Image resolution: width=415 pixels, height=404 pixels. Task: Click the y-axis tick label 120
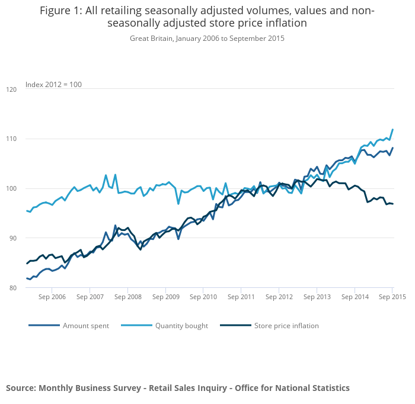pyautogui.click(x=11, y=89)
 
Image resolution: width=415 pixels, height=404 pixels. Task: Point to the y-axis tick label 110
pyautogui.click(x=11, y=139)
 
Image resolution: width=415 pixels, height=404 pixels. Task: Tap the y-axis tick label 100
pyautogui.click(x=11, y=189)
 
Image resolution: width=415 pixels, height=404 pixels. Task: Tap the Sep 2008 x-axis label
pyautogui.click(x=127, y=297)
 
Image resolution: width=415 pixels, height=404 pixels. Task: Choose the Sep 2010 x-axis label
pyautogui.click(x=203, y=297)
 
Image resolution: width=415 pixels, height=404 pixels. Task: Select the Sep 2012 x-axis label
pyautogui.click(x=279, y=297)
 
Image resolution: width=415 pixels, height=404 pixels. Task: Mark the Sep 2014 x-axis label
pyautogui.click(x=355, y=297)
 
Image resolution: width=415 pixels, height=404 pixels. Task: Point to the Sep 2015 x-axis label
pyautogui.click(x=392, y=297)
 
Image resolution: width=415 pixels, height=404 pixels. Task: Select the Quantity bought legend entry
pyautogui.click(x=181, y=326)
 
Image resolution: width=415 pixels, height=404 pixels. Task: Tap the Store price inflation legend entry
pyautogui.click(x=286, y=326)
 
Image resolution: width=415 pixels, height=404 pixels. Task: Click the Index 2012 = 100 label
pyautogui.click(x=53, y=85)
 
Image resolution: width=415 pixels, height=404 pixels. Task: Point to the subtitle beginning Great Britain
pyautogui.click(x=207, y=39)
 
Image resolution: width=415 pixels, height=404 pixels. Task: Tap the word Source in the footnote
pyautogui.click(x=21, y=388)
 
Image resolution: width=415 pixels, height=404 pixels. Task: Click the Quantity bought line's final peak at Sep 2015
pyautogui.click(x=392, y=130)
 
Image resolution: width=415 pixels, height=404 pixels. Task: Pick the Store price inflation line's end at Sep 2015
pyautogui.click(x=392, y=204)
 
